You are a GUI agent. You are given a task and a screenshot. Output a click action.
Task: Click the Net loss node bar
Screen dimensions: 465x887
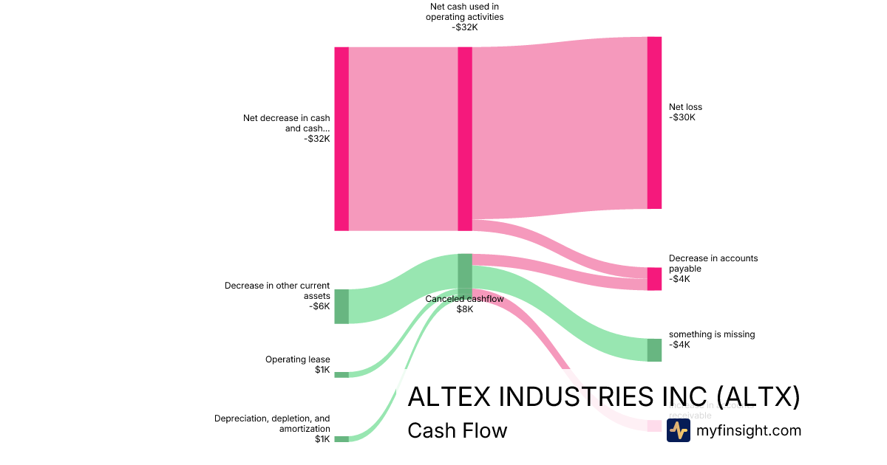pos(654,123)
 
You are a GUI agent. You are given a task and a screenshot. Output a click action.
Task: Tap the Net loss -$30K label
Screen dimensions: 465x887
pos(685,112)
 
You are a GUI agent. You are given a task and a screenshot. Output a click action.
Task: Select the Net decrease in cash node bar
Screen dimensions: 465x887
pos(341,139)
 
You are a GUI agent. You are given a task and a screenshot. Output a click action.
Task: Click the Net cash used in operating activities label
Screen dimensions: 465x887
pos(464,17)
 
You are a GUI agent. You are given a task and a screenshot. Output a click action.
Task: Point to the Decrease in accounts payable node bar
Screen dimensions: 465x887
pos(654,279)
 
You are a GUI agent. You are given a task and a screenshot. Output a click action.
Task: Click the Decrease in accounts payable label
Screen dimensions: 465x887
pos(713,269)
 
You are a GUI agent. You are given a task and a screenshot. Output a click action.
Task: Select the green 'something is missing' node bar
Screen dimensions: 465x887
pos(654,350)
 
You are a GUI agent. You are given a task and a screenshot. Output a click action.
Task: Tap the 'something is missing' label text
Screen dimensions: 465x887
pos(711,339)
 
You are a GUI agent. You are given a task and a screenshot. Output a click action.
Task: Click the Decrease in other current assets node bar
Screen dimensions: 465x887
pos(341,306)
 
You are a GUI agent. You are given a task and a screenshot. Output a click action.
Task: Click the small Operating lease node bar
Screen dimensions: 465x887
pos(341,375)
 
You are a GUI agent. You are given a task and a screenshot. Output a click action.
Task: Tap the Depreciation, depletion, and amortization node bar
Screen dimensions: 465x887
pos(341,439)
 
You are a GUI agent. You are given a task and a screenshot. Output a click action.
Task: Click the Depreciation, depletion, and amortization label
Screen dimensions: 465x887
pos(273,428)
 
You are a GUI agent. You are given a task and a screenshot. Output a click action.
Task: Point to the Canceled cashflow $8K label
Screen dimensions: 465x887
pos(464,304)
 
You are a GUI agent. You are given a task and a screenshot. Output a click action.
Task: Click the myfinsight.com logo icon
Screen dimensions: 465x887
pos(678,430)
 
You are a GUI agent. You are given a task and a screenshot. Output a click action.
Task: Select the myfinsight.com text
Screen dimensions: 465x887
pos(748,431)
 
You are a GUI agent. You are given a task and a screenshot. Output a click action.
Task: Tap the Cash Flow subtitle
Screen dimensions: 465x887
pos(457,431)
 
